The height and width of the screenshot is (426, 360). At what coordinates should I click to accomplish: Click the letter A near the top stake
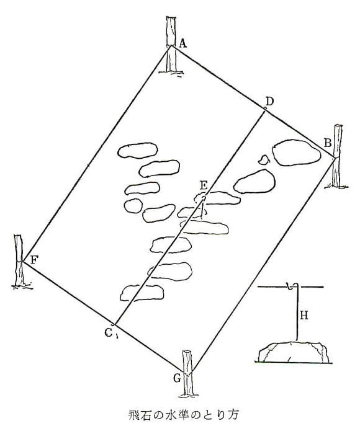pyautogui.click(x=183, y=43)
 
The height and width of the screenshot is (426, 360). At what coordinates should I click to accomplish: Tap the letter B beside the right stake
pyautogui.click(x=327, y=143)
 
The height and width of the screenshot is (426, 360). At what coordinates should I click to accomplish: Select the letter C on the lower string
pyautogui.click(x=108, y=332)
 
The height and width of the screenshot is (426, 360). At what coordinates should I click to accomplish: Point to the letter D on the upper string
pyautogui.click(x=269, y=102)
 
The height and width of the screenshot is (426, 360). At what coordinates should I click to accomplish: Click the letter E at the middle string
pyautogui.click(x=204, y=185)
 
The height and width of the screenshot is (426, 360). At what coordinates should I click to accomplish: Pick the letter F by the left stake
pyautogui.click(x=34, y=260)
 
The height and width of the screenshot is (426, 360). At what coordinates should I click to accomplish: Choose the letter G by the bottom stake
pyautogui.click(x=177, y=378)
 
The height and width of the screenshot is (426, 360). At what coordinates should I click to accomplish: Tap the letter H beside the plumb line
pyautogui.click(x=304, y=316)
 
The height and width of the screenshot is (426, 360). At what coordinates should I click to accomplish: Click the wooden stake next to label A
pyautogui.click(x=171, y=45)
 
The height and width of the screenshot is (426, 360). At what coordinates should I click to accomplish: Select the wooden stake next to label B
pyautogui.click(x=337, y=156)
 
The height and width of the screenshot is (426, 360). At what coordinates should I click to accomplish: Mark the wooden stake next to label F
pyautogui.click(x=20, y=261)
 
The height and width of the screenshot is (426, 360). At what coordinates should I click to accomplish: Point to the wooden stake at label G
pyautogui.click(x=188, y=373)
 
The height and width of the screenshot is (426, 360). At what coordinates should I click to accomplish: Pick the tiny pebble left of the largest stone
pyautogui.click(x=263, y=160)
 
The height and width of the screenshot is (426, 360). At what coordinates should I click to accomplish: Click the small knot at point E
pyautogui.click(x=203, y=199)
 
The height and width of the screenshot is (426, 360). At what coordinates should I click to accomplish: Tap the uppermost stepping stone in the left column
pyautogui.click(x=138, y=151)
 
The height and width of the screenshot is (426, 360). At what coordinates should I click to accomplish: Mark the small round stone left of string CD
pyautogui.click(x=133, y=206)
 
